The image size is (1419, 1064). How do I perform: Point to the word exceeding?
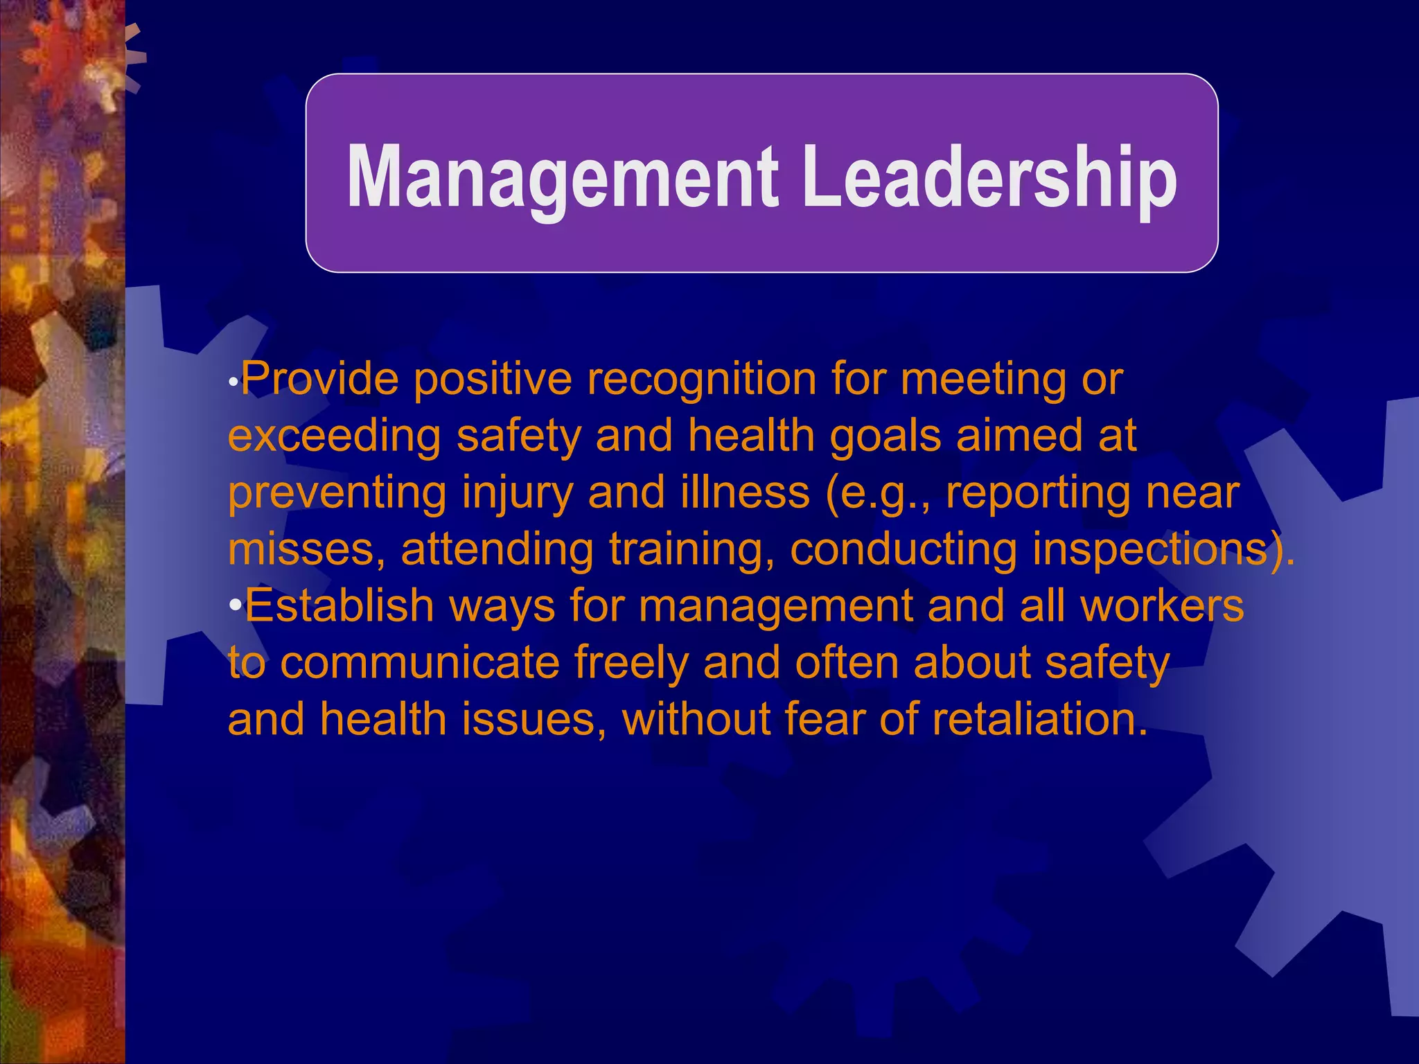pos(334,436)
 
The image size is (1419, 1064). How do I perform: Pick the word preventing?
pos(337,493)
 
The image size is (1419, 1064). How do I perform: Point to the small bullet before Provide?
pos(234,382)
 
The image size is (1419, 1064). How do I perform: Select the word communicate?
pos(420,664)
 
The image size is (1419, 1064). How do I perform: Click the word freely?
pos(631,664)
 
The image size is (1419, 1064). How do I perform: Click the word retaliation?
pos(1039,720)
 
